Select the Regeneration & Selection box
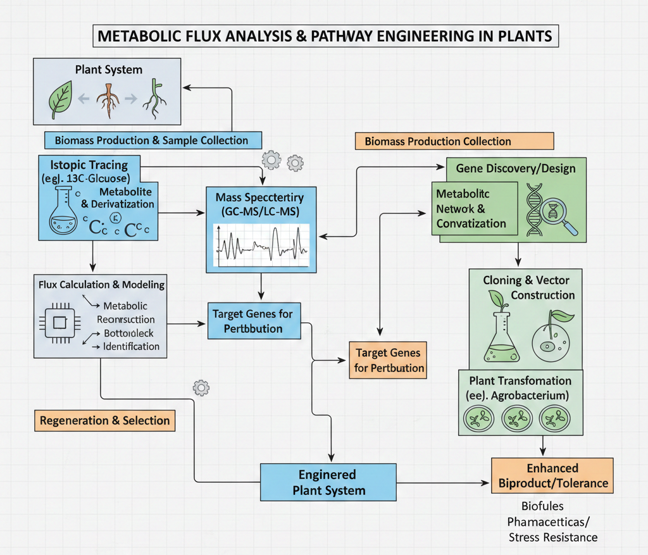104,420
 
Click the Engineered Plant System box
328,482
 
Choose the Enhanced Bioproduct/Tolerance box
552,476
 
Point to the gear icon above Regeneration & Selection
201,387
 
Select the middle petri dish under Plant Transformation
518,418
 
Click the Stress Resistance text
552,537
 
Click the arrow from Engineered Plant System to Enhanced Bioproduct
443,483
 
